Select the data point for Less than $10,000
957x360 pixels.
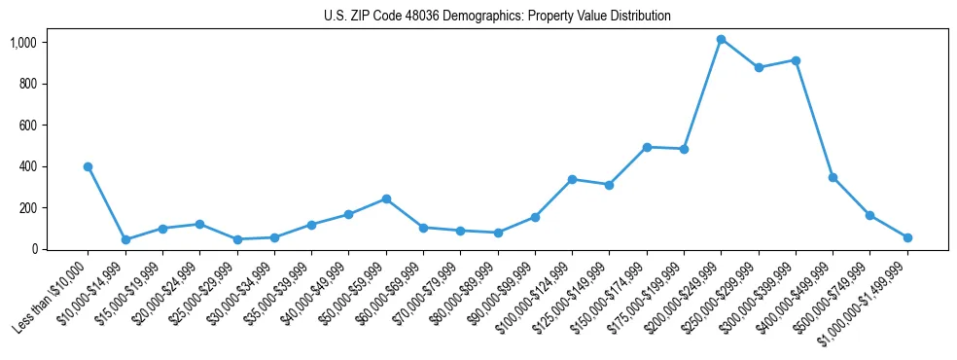(x=88, y=166)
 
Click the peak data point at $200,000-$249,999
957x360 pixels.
(x=721, y=40)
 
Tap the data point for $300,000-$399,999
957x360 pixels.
(x=796, y=60)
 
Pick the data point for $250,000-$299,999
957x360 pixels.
(x=759, y=68)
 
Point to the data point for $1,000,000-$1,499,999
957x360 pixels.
(x=907, y=237)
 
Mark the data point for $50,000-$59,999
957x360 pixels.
(x=386, y=198)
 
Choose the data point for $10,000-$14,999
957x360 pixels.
(x=125, y=239)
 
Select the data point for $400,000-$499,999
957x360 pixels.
(x=833, y=177)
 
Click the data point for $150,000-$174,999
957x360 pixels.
(x=647, y=147)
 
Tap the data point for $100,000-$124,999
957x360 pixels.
(x=572, y=179)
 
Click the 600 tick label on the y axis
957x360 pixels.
(x=28, y=126)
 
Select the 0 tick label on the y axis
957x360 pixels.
(x=34, y=249)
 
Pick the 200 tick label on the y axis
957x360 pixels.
(x=28, y=208)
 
